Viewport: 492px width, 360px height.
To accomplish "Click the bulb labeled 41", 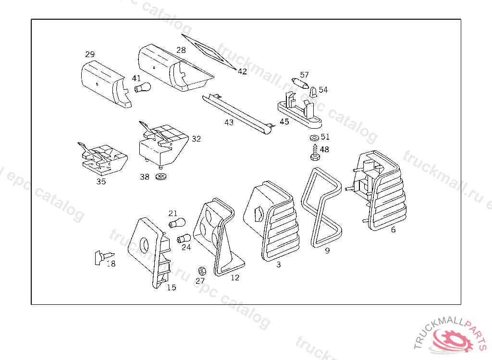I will [x=143, y=88].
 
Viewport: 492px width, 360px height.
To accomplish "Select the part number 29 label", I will [x=90, y=54].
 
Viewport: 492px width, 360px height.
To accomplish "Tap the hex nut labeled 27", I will [x=202, y=271].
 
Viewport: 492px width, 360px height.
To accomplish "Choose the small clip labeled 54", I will [x=313, y=91].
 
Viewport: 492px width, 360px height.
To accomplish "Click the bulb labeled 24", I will [x=184, y=239].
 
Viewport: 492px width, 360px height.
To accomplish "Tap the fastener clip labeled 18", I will [x=102, y=257].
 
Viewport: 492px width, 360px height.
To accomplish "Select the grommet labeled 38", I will [x=161, y=177].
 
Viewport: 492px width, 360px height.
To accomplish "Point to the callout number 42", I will [x=242, y=72].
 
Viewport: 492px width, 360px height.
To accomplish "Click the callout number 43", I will [x=229, y=122].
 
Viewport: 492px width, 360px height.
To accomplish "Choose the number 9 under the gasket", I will [x=327, y=251].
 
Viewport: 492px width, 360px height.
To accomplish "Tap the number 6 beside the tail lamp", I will [x=393, y=229].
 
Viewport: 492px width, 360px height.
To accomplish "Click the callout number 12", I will [x=234, y=277].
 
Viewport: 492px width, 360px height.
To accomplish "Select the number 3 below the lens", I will [x=278, y=264].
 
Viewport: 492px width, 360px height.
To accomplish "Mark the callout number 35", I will [x=101, y=181].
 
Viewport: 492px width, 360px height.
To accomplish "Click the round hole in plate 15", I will [x=144, y=245].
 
